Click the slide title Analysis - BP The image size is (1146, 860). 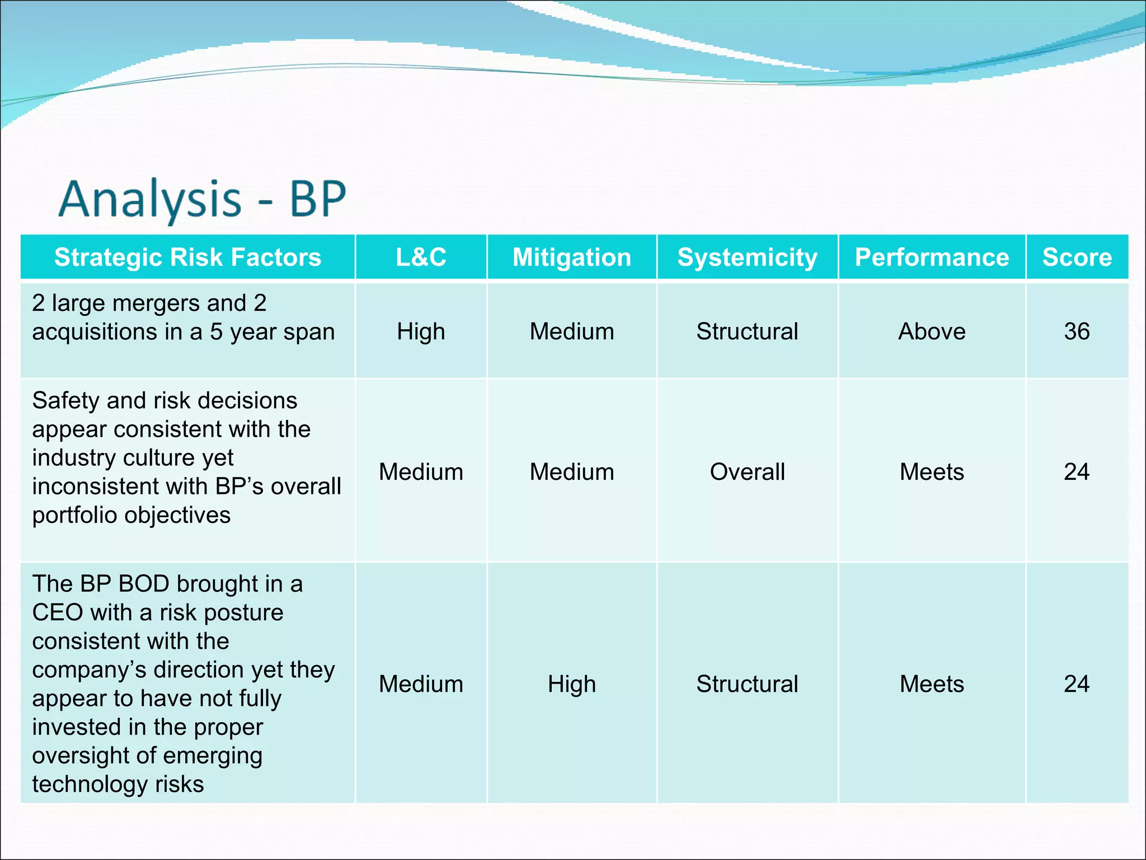click(203, 199)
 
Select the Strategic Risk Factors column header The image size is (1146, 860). click(187, 258)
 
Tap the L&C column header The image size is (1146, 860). click(421, 258)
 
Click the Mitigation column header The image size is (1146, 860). click(571, 258)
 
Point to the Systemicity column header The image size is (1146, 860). click(747, 258)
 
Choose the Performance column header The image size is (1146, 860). click(932, 258)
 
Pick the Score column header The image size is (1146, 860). click(1077, 258)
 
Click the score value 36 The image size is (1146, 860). click(1077, 331)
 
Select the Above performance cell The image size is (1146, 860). click(932, 331)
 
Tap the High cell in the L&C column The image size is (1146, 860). click(421, 331)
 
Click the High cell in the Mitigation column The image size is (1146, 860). click(571, 684)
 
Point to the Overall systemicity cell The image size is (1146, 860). click(747, 472)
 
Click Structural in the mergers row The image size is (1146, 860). click(747, 331)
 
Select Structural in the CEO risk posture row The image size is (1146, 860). click(747, 684)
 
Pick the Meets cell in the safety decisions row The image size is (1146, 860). click(932, 472)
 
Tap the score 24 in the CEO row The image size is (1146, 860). click(1077, 684)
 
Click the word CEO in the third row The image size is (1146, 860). click(58, 613)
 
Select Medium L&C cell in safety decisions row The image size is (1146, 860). click(421, 472)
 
